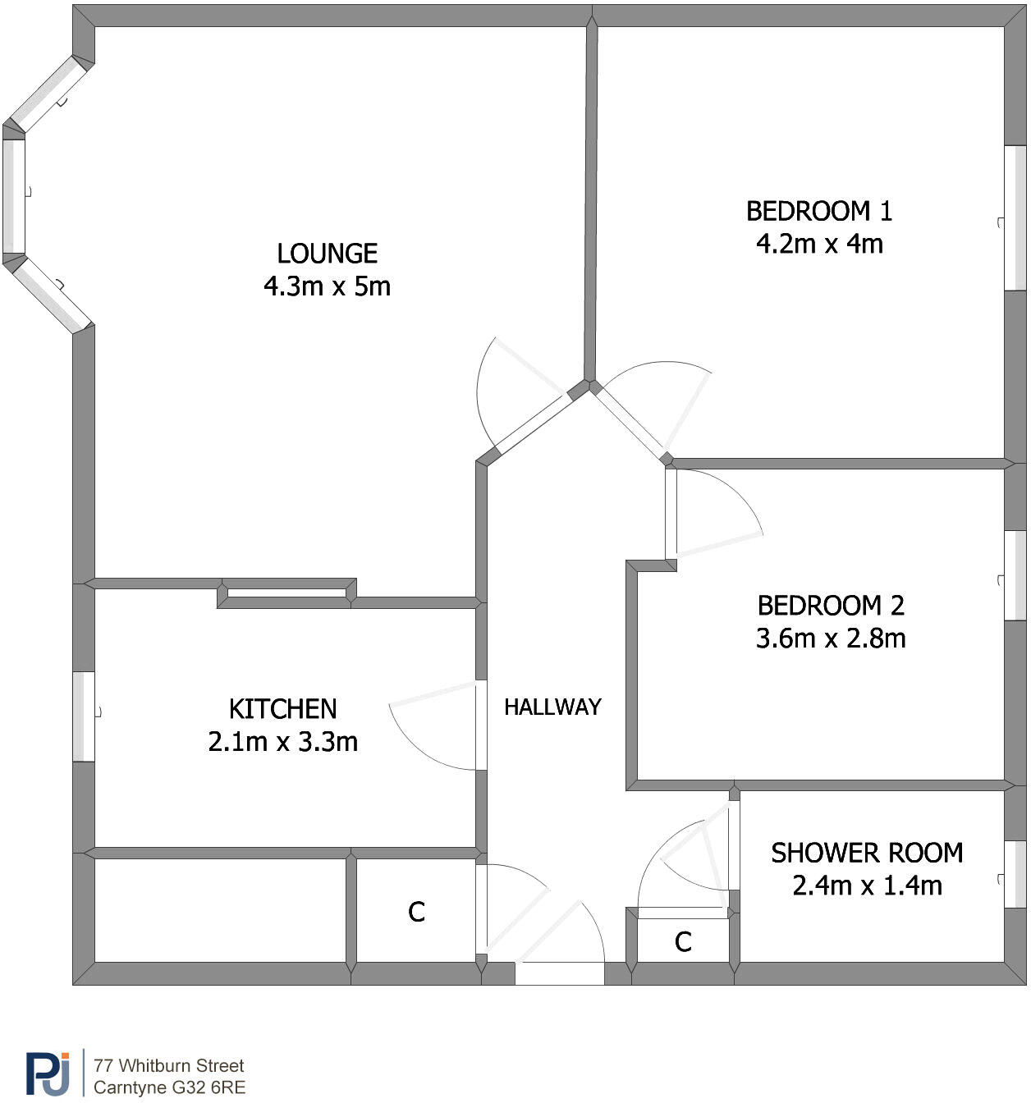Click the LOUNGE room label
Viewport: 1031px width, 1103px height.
tap(327, 254)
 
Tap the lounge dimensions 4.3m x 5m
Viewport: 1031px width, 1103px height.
tap(327, 286)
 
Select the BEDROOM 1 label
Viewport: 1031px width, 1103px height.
tap(818, 212)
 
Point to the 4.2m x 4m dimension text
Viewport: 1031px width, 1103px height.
tap(818, 244)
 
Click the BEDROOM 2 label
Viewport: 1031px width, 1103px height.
tap(830, 606)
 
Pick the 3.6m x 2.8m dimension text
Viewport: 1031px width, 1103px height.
tap(830, 638)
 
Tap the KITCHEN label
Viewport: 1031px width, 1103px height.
tap(282, 709)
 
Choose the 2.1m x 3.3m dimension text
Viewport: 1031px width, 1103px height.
tap(282, 742)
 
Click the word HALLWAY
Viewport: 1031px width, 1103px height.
tap(552, 707)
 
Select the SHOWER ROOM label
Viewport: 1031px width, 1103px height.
tap(866, 854)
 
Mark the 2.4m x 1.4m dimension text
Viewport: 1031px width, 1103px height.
tap(866, 886)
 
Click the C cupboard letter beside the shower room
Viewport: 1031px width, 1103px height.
tap(683, 942)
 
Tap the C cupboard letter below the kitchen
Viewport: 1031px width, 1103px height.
tap(416, 913)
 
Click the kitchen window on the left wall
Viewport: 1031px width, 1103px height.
tap(84, 716)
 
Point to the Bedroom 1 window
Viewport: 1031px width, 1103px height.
tap(1015, 218)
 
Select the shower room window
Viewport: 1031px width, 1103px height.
tap(1015, 875)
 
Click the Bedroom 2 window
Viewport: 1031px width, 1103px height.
tap(1015, 575)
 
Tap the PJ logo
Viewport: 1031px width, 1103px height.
tap(48, 1073)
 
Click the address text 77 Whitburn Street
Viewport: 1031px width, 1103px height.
tap(168, 1066)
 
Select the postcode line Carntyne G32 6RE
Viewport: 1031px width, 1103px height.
tap(169, 1088)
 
